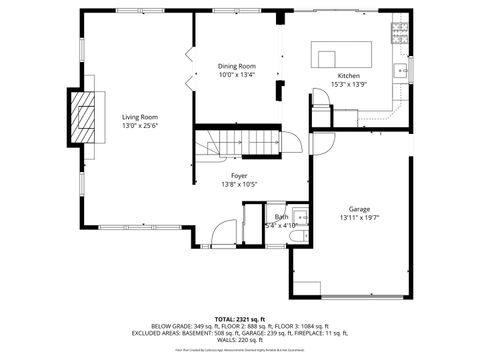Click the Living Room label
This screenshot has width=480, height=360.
[x=140, y=117]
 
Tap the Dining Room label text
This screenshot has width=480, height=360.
[x=237, y=66]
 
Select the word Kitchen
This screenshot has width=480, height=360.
[x=348, y=76]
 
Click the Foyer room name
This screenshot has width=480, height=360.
[x=239, y=176]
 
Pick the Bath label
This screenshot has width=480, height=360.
[x=282, y=217]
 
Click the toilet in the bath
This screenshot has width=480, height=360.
[x=300, y=234]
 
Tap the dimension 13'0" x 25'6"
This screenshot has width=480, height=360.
[x=140, y=125]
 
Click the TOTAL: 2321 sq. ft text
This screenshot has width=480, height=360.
[x=239, y=318]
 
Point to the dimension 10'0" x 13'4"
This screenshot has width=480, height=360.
[x=237, y=74]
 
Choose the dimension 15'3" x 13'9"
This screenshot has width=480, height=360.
[x=348, y=84]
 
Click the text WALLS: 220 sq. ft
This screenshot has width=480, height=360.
[x=239, y=339]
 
